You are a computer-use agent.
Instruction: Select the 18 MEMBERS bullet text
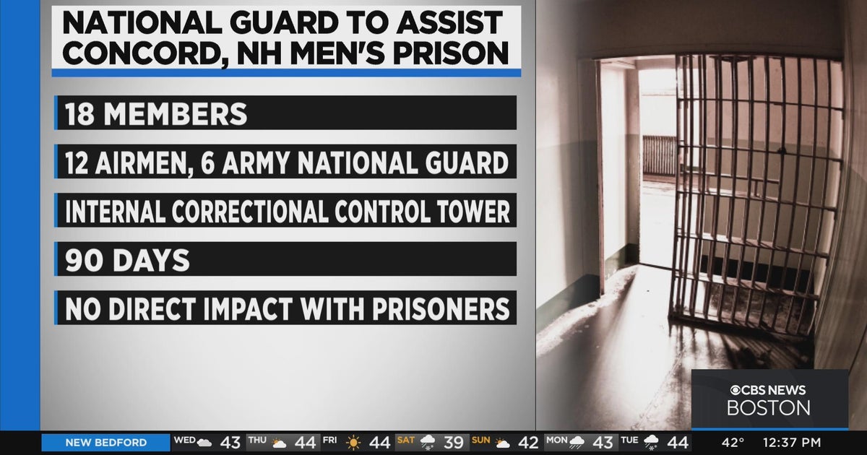[x=156, y=114]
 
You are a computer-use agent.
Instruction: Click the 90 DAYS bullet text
[x=127, y=261]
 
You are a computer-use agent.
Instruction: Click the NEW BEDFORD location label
[x=105, y=443]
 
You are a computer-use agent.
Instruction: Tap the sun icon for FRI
[x=353, y=443]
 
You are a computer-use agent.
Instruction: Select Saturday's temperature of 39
[x=453, y=443]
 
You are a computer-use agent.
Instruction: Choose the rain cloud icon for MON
[x=577, y=443]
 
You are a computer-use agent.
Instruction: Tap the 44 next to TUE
[x=678, y=443]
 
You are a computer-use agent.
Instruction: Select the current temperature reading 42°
[x=733, y=443]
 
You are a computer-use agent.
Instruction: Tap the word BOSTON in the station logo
[x=768, y=408]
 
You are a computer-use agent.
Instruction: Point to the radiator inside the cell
[x=658, y=156]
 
